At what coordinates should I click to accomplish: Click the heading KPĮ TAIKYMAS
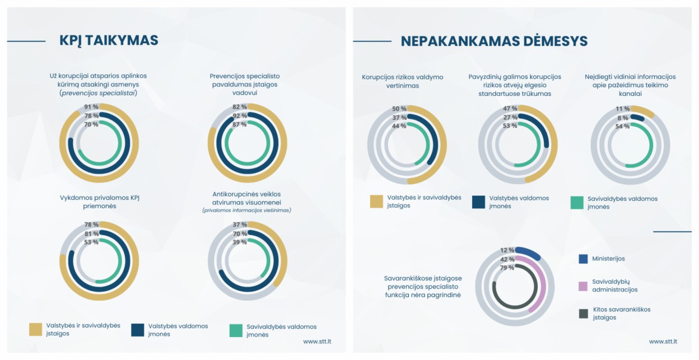[x=109, y=40]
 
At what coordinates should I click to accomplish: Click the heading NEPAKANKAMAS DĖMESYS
[x=494, y=41]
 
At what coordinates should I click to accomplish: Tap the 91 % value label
[x=91, y=107]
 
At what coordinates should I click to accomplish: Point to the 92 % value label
[x=239, y=116]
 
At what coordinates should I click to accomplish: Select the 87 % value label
[x=239, y=124]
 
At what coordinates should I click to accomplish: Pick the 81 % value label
[x=91, y=233]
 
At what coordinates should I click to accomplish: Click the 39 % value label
[x=239, y=242]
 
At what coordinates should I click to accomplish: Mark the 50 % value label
[x=399, y=109]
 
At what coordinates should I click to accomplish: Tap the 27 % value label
[x=510, y=118]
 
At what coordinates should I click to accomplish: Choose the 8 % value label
[x=623, y=118]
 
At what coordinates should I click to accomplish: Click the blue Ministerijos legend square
[x=583, y=259]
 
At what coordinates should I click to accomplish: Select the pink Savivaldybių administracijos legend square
[x=583, y=286]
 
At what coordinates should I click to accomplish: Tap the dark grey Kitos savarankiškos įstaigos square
[x=583, y=313]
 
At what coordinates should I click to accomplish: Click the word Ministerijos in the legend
[x=608, y=259]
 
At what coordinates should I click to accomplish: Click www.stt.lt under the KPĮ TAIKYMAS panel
[x=318, y=341]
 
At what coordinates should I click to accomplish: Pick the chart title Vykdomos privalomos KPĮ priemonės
[x=99, y=201]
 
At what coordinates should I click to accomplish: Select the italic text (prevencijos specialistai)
[x=99, y=93]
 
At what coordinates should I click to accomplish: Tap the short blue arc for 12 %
[x=528, y=253]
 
